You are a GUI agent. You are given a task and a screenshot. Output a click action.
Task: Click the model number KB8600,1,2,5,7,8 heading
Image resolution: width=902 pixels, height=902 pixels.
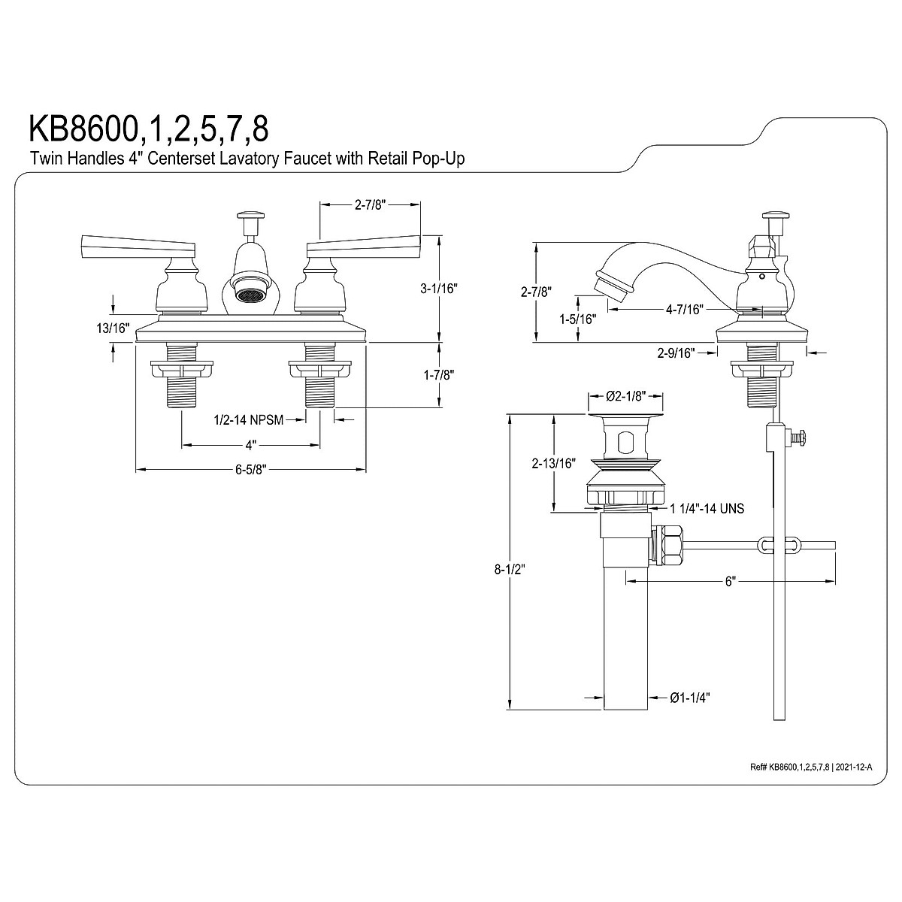pyautogui.click(x=149, y=129)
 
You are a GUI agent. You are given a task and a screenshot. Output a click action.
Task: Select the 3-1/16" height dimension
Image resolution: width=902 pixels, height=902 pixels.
pyautogui.click(x=438, y=289)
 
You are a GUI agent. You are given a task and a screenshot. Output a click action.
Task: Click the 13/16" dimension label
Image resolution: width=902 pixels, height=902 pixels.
pyautogui.click(x=113, y=328)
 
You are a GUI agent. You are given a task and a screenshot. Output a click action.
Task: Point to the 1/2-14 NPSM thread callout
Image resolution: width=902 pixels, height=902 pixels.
pyautogui.click(x=249, y=420)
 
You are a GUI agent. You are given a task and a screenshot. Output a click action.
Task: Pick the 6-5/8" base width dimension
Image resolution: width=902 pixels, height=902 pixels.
pyautogui.click(x=251, y=470)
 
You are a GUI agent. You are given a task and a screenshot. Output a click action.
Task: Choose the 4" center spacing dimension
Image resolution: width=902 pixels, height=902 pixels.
pyautogui.click(x=251, y=445)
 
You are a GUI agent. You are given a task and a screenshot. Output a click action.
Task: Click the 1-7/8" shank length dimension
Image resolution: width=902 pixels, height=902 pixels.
pyautogui.click(x=438, y=375)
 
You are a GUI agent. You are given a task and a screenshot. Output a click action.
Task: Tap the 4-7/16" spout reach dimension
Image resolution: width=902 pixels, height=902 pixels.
pyautogui.click(x=685, y=310)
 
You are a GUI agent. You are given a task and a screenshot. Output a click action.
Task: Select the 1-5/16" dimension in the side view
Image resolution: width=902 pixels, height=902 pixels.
pyautogui.click(x=577, y=319)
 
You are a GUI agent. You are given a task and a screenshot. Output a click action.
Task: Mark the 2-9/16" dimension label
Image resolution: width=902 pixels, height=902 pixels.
pyautogui.click(x=676, y=353)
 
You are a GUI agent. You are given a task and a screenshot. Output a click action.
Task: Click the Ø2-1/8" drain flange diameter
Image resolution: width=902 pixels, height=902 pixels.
pyautogui.click(x=626, y=396)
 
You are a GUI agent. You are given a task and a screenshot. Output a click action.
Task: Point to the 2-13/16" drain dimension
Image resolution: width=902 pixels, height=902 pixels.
pyautogui.click(x=553, y=464)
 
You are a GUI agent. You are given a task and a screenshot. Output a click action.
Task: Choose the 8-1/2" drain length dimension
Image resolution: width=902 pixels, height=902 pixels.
pyautogui.click(x=510, y=569)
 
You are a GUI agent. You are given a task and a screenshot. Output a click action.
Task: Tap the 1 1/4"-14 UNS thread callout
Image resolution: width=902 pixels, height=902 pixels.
pyautogui.click(x=707, y=508)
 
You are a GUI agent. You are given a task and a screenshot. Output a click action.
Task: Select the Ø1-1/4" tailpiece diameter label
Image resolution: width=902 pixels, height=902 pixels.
pyautogui.click(x=690, y=711)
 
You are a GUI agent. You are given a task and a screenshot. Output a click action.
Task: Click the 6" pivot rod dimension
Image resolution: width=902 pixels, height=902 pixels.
pyautogui.click(x=730, y=582)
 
